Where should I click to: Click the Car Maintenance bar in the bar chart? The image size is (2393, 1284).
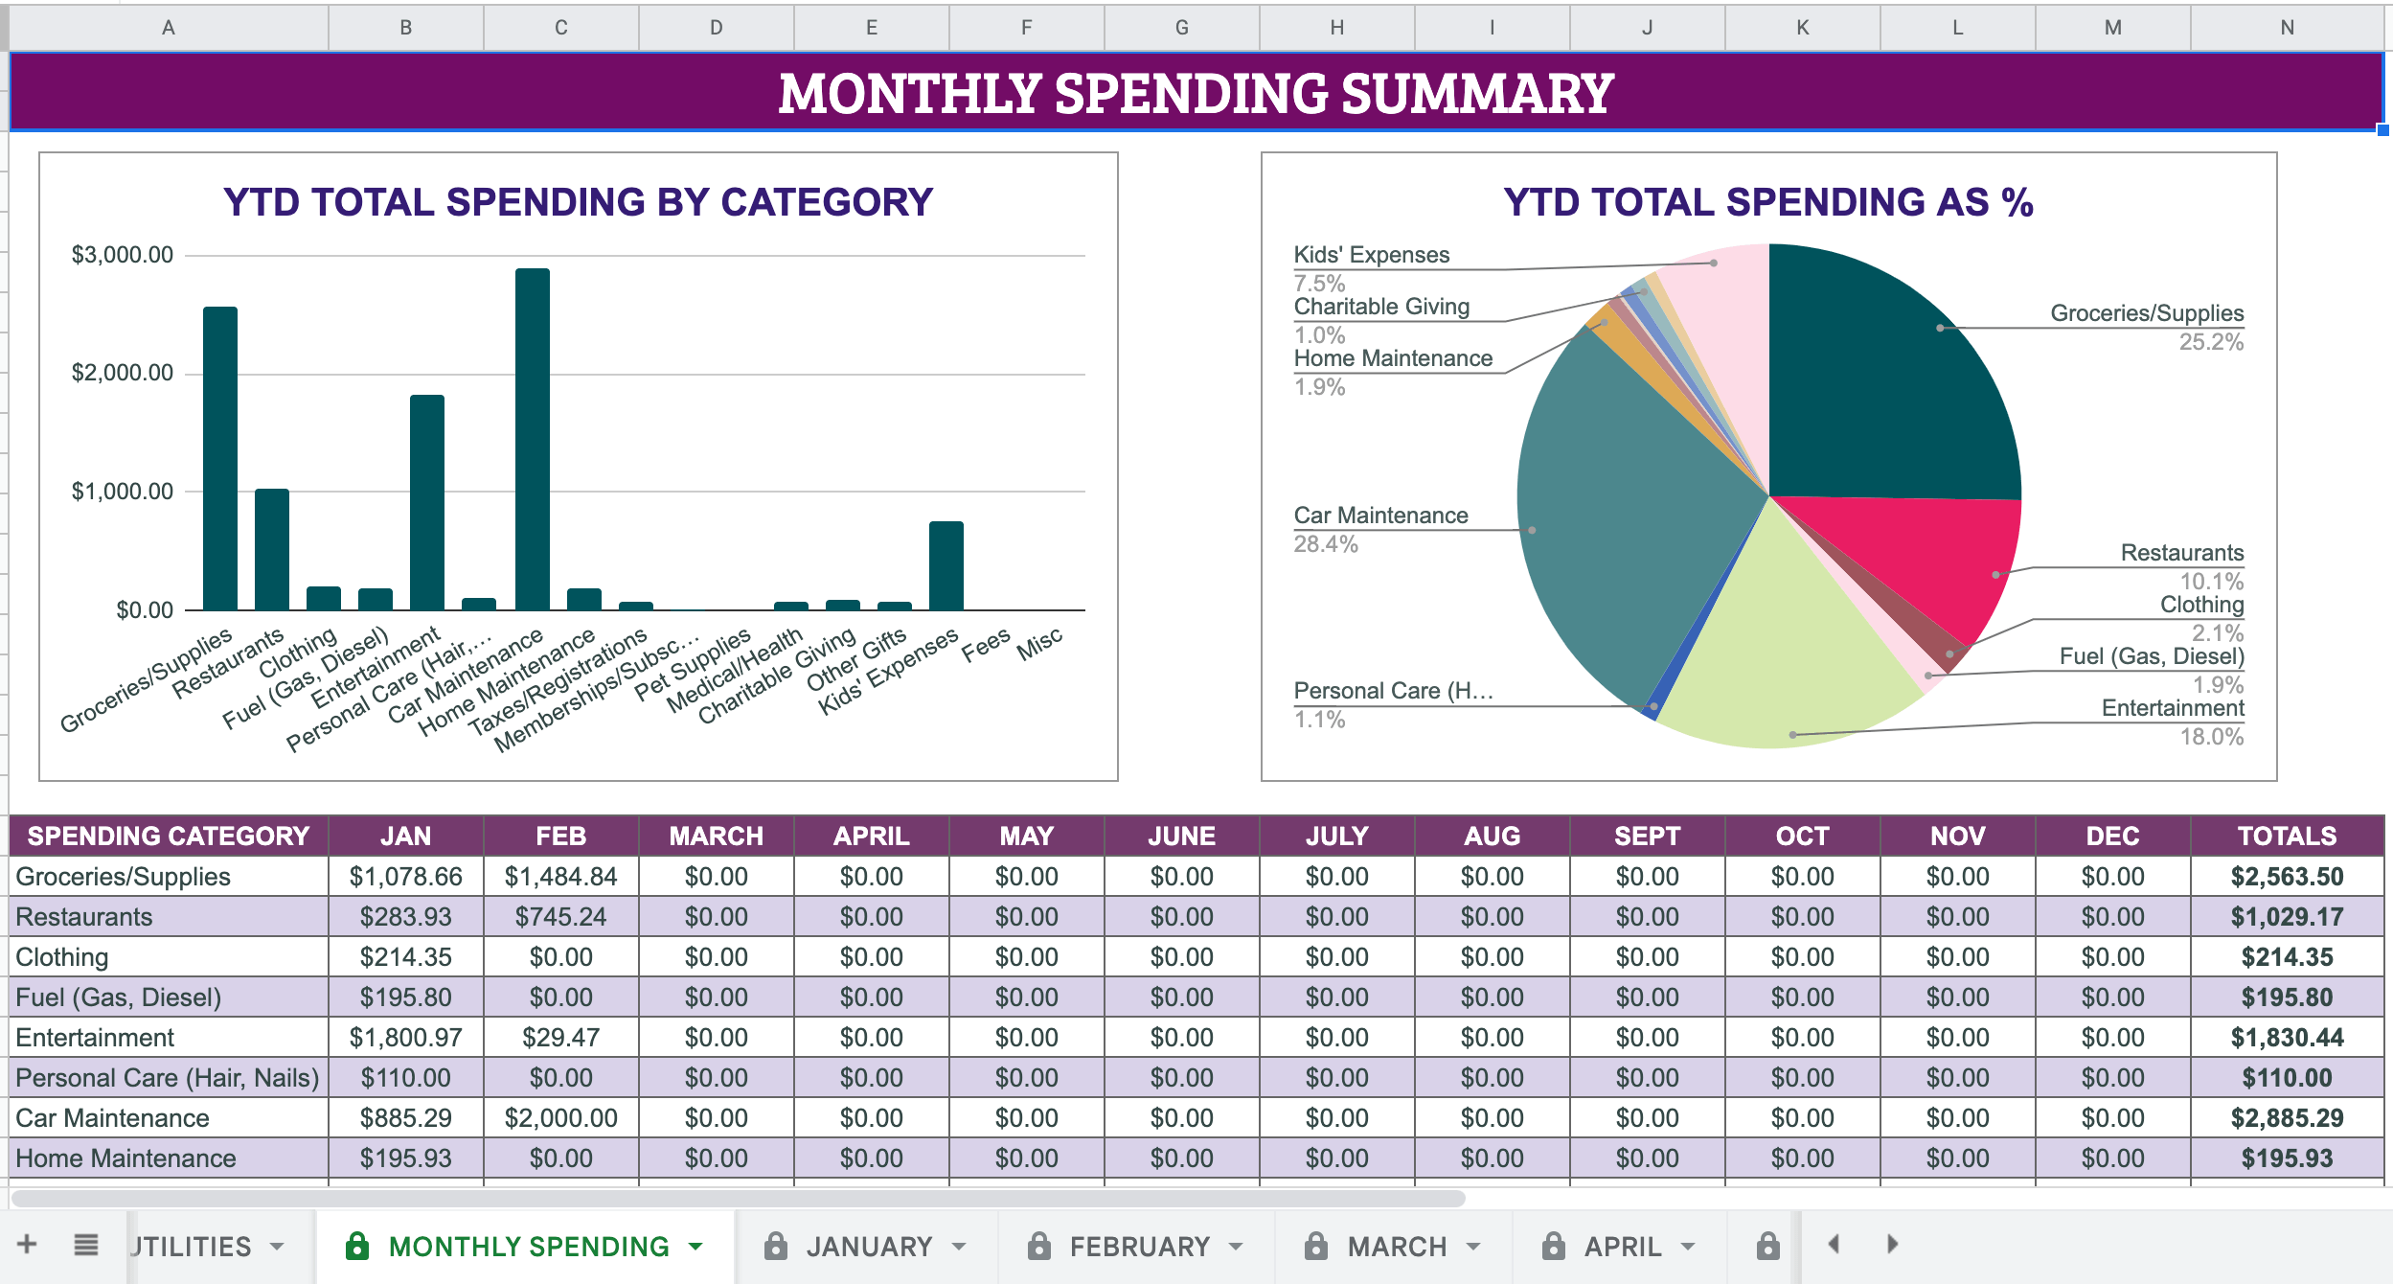532,441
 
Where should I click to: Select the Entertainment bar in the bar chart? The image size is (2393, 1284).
427,503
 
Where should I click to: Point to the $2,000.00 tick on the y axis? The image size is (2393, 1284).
123,373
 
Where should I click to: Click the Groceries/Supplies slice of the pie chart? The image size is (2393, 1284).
1887,383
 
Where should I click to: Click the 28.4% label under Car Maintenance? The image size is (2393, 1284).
1326,544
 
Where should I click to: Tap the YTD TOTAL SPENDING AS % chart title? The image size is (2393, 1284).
1767,202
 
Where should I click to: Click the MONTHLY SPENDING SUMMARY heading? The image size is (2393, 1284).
1196,93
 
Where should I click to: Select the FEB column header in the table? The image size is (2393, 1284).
560,836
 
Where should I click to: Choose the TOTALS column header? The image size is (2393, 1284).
2286,836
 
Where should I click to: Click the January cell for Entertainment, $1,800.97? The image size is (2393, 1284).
405,1038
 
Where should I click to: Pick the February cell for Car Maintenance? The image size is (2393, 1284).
560,1118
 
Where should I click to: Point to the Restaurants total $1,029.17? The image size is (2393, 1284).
2286,917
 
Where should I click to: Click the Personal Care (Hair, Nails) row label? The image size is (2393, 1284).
168,1078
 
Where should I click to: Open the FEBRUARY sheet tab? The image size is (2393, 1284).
1138,1247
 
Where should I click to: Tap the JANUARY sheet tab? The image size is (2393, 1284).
868,1247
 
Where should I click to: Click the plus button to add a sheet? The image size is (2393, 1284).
27,1245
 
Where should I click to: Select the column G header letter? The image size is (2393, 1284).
1181,28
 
